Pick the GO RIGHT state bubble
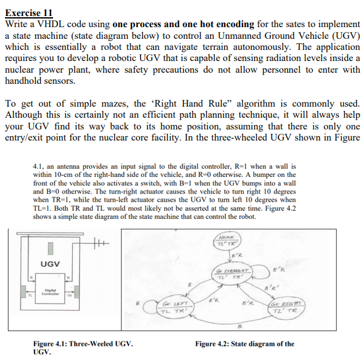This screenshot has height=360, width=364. click(285, 308)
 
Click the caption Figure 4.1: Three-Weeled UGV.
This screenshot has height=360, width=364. click(83, 344)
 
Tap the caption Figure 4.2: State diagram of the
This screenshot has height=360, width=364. click(244, 344)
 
